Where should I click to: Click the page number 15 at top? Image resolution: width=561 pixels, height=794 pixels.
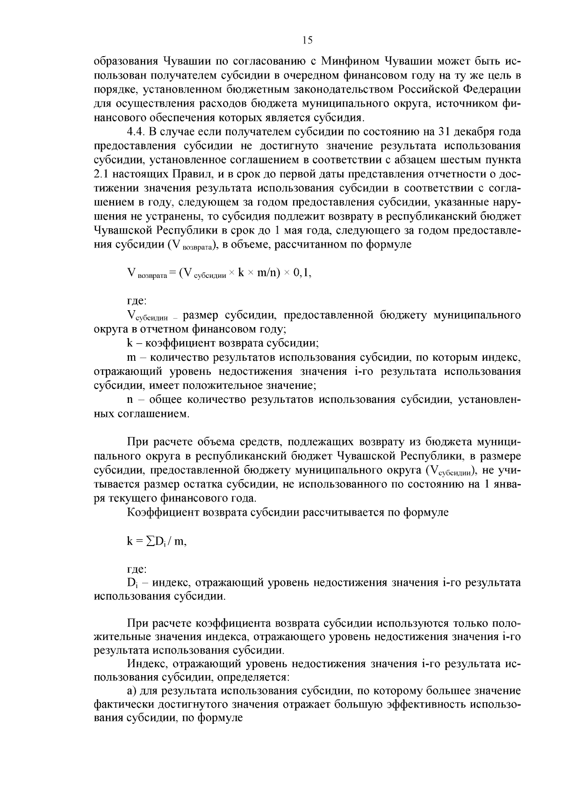[307, 40]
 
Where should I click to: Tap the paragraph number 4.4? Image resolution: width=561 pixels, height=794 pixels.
[136, 131]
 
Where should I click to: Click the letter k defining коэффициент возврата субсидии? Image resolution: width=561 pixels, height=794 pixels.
[129, 343]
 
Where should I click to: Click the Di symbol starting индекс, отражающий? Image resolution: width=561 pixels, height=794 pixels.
[131, 583]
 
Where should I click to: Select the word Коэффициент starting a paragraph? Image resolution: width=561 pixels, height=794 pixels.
[163, 512]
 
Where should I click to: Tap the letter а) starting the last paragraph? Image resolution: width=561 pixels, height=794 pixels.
[131, 692]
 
